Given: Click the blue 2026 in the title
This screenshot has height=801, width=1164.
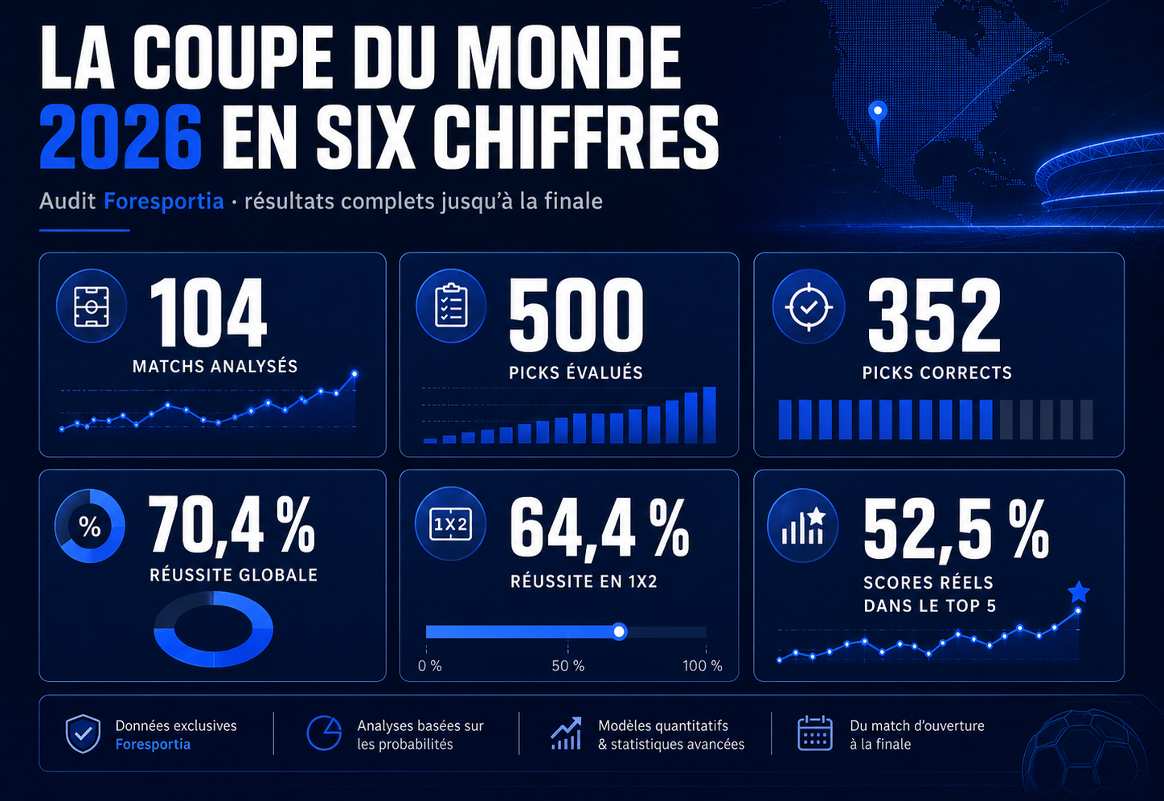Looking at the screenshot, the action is click(121, 137).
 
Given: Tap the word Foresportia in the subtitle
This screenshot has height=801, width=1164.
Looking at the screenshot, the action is click(164, 201).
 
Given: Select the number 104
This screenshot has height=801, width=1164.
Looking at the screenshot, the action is click(208, 312).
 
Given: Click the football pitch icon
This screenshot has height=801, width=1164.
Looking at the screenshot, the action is click(92, 306).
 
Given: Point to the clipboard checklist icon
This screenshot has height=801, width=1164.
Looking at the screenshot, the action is click(451, 306).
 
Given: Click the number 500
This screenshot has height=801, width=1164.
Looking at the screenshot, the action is click(576, 315).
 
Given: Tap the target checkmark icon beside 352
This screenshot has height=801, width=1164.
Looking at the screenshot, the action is click(809, 306).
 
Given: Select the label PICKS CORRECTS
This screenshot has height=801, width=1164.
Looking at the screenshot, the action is click(937, 372).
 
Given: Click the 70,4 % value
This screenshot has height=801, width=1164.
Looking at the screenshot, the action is click(232, 524).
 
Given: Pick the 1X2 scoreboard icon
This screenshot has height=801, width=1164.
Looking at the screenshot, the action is click(450, 524).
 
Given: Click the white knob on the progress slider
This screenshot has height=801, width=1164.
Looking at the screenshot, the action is click(619, 631).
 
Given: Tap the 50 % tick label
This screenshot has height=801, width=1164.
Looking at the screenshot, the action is click(568, 666).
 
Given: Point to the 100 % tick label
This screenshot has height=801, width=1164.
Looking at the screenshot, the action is click(702, 666).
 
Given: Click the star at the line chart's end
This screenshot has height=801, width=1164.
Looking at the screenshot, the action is click(1079, 592).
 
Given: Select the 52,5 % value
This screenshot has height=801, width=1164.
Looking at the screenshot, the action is click(956, 530).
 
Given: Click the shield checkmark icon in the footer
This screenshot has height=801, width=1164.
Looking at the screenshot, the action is click(83, 733).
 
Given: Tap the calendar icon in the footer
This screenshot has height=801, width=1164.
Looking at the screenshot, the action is click(815, 733).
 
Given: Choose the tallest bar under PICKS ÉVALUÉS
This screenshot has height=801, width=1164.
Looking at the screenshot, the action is click(709, 415).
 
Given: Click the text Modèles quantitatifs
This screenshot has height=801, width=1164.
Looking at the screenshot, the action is click(663, 725).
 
